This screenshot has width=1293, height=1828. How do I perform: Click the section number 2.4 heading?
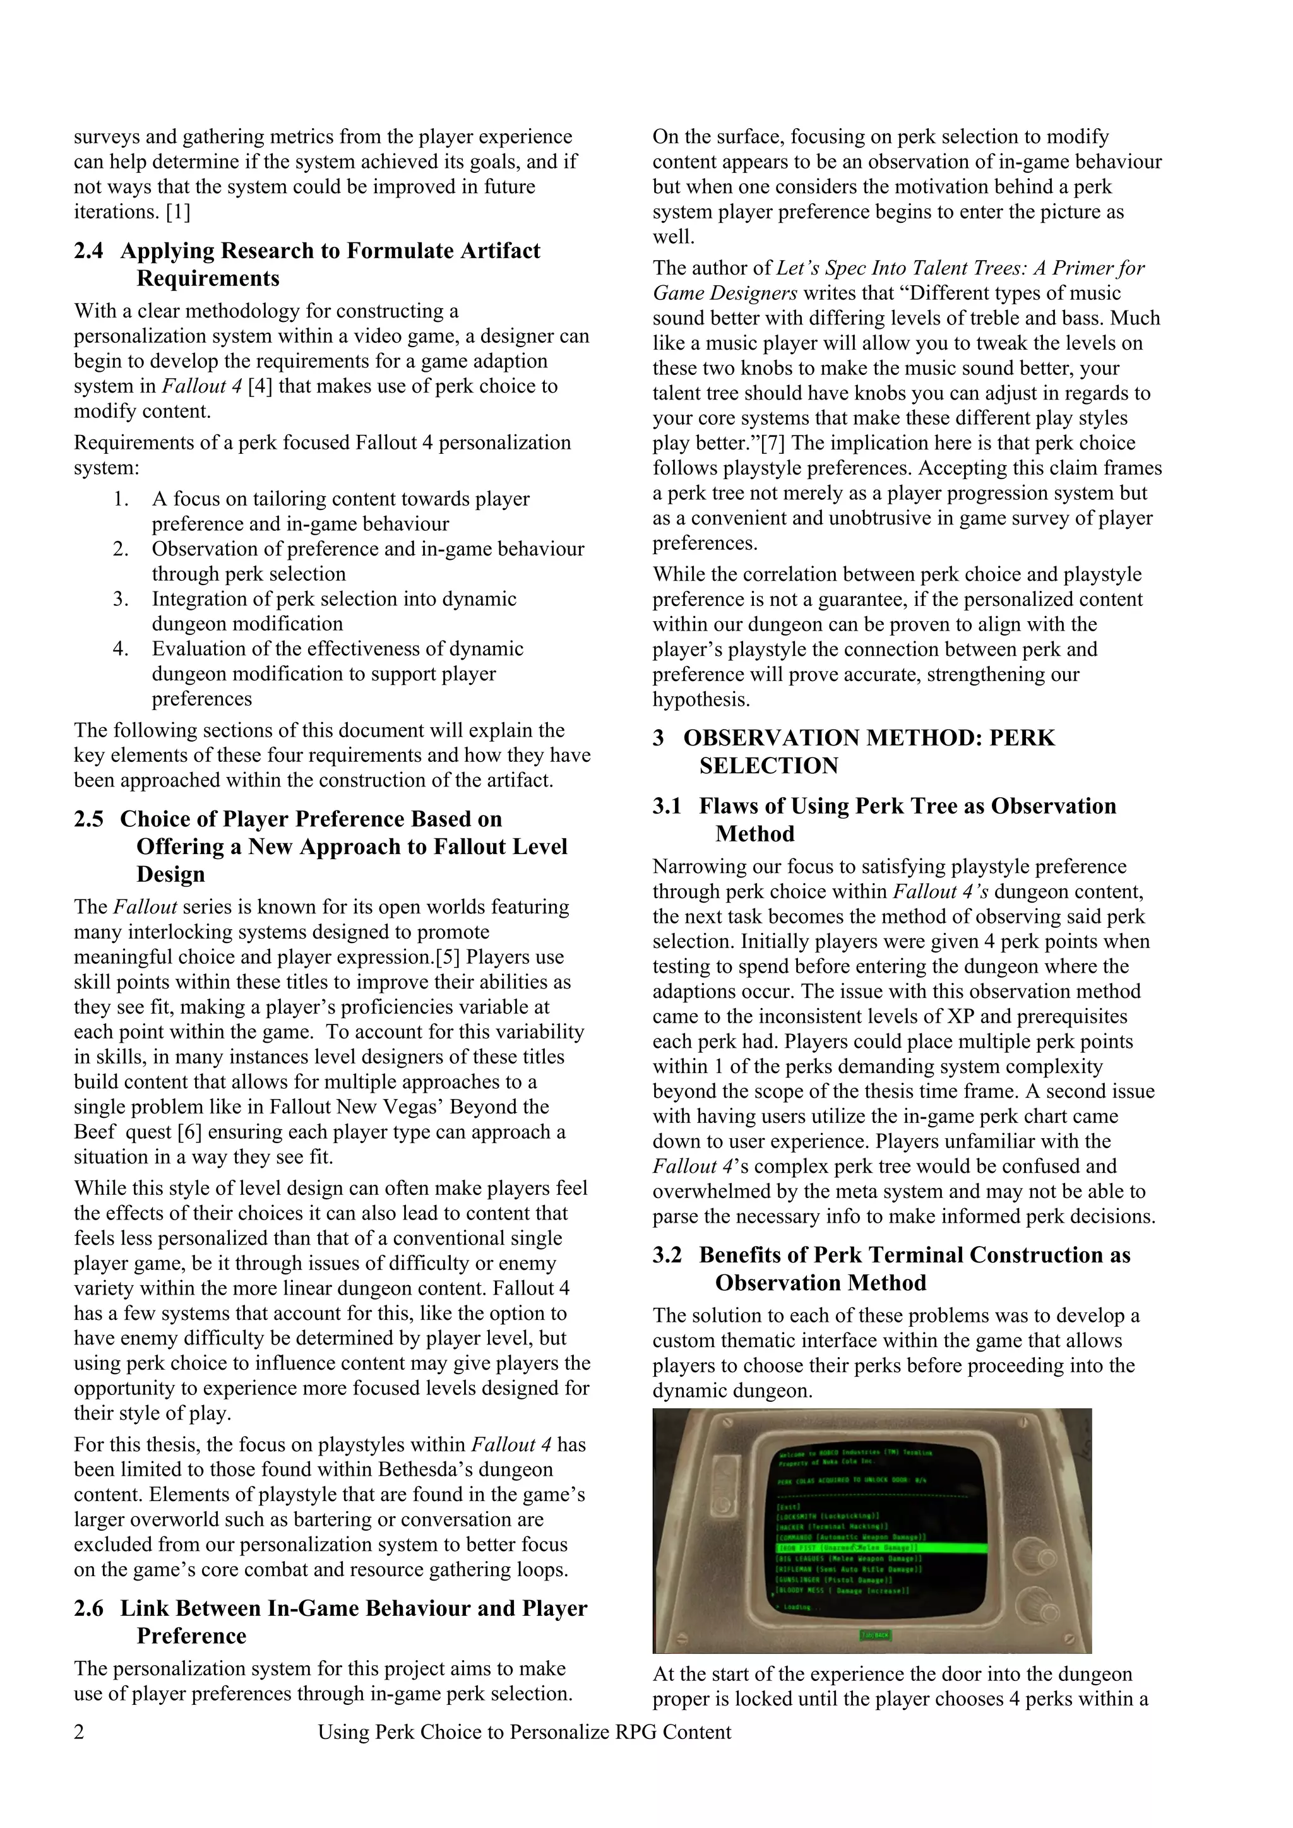coord(88,252)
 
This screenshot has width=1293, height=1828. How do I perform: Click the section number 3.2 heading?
coord(667,1255)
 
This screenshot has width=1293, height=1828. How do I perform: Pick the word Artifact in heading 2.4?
coord(491,252)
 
